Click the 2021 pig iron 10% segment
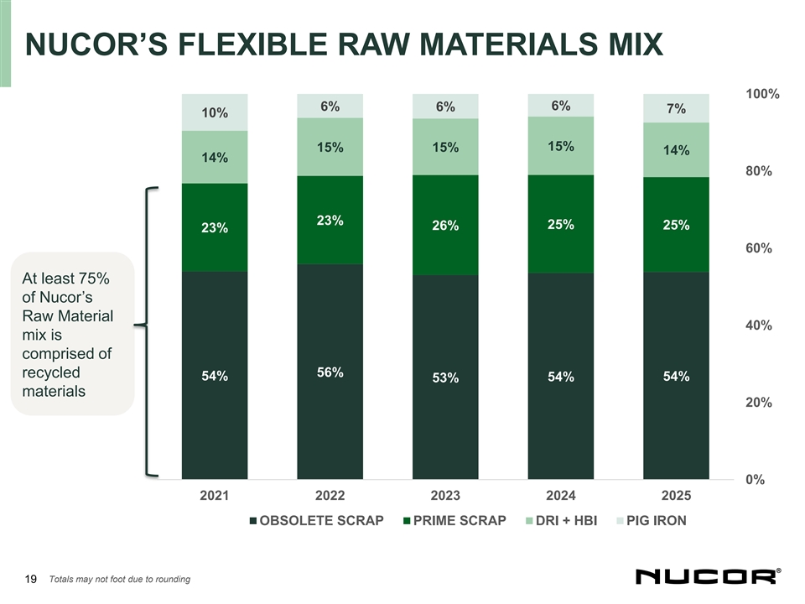click(215, 113)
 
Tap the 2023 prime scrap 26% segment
click(445, 225)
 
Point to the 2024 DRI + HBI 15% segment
click(560, 146)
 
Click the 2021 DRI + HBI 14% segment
click(215, 158)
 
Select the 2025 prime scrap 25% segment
click(676, 225)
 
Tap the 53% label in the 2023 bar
click(445, 378)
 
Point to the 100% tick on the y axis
click(762, 94)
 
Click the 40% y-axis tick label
click(759, 325)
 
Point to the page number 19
click(31, 579)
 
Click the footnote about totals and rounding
click(120, 579)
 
